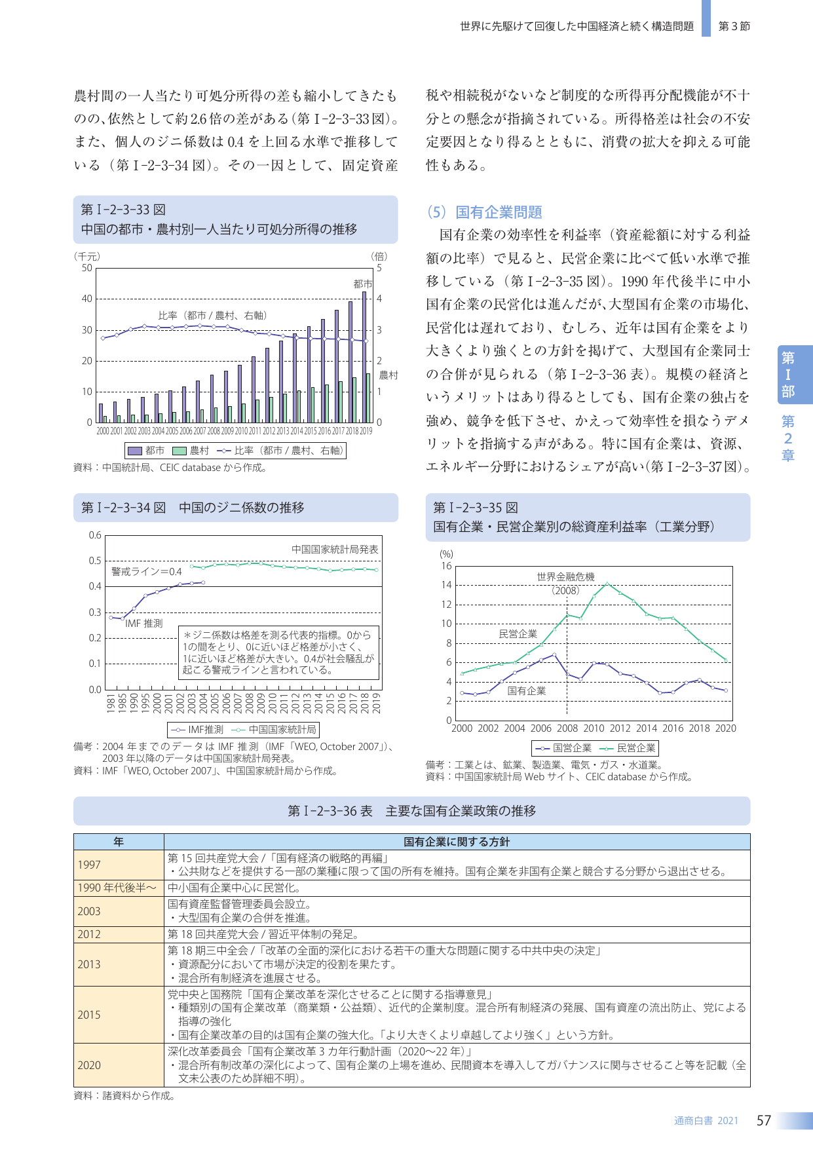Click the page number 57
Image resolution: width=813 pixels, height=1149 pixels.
(x=764, y=1120)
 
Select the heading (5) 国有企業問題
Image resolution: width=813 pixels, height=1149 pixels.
(x=484, y=212)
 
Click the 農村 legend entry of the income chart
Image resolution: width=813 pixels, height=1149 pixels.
(x=191, y=451)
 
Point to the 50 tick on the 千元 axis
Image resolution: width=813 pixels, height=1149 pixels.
(x=87, y=268)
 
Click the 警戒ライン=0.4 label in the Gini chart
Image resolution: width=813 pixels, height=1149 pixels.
(x=147, y=571)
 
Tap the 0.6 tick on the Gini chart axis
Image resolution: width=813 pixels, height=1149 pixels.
(x=96, y=535)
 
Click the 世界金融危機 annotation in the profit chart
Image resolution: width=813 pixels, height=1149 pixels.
(x=565, y=576)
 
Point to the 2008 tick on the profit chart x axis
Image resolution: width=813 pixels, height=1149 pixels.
(x=567, y=728)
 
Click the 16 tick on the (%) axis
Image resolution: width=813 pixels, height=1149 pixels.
(x=446, y=566)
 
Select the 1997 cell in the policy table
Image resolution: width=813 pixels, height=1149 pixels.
(x=89, y=865)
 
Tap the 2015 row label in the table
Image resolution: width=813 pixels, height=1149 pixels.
(x=89, y=1015)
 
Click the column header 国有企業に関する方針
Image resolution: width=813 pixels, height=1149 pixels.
(x=457, y=842)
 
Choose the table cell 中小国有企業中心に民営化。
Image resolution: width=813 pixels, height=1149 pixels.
(x=235, y=888)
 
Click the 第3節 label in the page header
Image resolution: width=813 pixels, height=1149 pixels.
(x=734, y=26)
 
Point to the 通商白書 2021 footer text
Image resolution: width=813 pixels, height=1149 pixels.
(x=706, y=1121)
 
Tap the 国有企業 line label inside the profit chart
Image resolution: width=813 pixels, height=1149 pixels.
(x=527, y=690)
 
